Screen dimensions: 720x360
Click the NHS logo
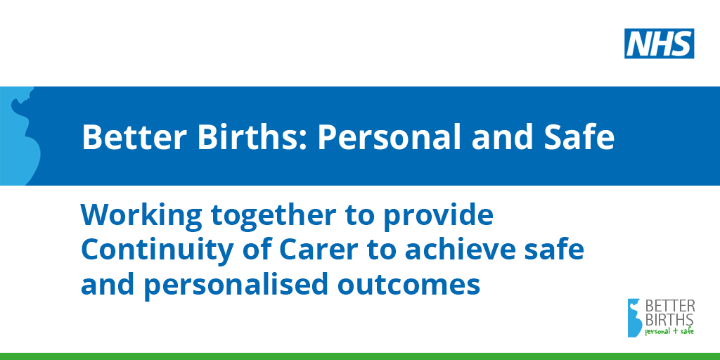click(x=659, y=44)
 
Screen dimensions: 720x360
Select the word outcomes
click(x=409, y=285)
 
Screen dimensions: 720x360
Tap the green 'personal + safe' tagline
click(x=669, y=331)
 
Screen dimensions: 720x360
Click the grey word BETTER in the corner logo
click(x=670, y=306)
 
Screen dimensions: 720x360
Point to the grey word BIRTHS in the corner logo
click(x=670, y=319)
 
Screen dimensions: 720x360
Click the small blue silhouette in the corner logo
click(x=635, y=318)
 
